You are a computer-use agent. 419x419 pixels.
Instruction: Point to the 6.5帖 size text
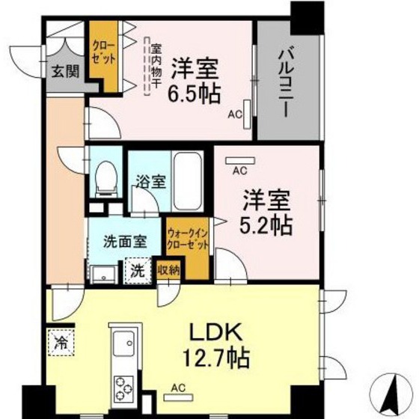pyautogui.click(x=195, y=94)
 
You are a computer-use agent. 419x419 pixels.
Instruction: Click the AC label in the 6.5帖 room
pyautogui.click(x=234, y=116)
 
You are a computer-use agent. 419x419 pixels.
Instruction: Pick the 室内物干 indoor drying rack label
pyautogui.click(x=156, y=66)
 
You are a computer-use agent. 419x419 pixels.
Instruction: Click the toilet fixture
pyautogui.click(x=106, y=178)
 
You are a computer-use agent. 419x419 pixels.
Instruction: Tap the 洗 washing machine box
pyautogui.click(x=138, y=270)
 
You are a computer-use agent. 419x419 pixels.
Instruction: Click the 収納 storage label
pyautogui.click(x=168, y=269)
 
